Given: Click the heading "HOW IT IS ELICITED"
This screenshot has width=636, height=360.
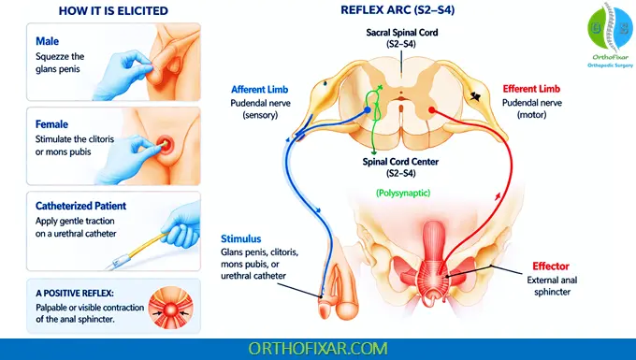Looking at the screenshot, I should (100, 11).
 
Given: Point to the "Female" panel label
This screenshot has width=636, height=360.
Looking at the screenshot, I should (52, 123).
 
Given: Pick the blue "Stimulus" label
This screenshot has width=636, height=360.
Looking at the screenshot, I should (242, 238).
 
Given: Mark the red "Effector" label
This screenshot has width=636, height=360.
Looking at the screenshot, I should (550, 266).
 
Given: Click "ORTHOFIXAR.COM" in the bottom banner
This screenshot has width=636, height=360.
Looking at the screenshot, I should (317, 348).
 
